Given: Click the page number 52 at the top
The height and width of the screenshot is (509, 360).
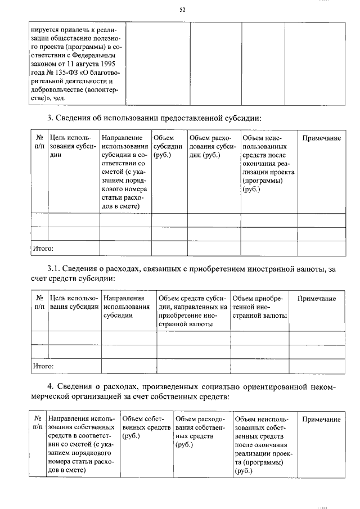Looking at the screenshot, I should click(x=182, y=10).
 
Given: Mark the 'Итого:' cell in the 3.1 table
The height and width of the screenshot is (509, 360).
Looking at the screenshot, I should click(x=43, y=366).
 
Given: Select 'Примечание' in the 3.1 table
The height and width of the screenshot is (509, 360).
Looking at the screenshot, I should click(x=317, y=299).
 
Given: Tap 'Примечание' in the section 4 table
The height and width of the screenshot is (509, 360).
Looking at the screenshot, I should click(x=321, y=420).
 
